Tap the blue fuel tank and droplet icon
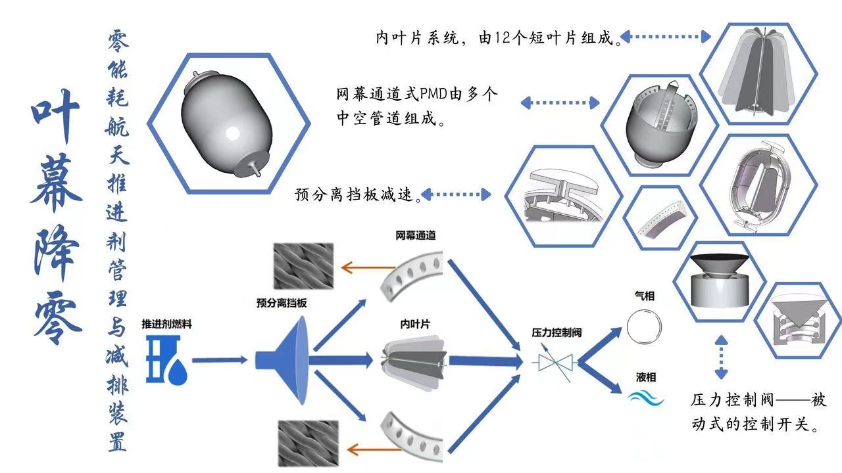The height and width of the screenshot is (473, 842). [x=167, y=360]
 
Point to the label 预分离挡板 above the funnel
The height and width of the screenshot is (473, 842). [x=282, y=304]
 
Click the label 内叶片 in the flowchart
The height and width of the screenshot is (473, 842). [x=416, y=324]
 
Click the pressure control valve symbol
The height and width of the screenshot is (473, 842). [x=555, y=361]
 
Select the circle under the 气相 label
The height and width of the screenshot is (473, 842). [x=644, y=327]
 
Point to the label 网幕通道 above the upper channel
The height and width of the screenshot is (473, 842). [x=416, y=235]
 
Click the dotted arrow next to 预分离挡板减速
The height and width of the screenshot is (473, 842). [x=456, y=194]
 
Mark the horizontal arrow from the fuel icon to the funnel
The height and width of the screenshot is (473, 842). [x=220, y=360]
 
